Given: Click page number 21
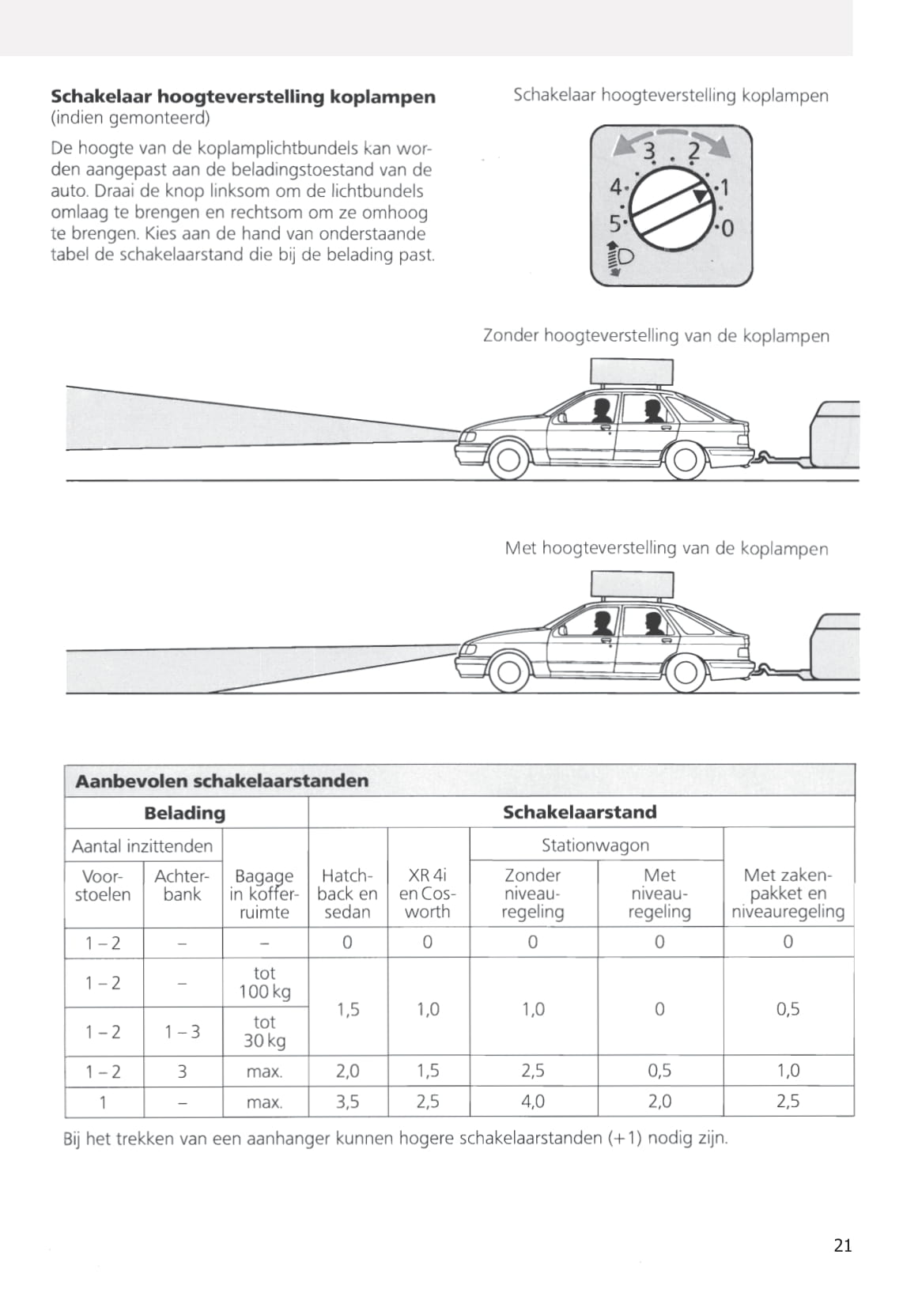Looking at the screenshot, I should pyautogui.click(x=843, y=1246).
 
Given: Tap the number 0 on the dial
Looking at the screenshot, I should pyautogui.click(x=727, y=229).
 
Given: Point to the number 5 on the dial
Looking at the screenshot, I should pyautogui.click(x=614, y=222).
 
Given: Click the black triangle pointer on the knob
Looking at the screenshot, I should pyautogui.click(x=700, y=195).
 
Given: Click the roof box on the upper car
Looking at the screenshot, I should pyautogui.click(x=632, y=372).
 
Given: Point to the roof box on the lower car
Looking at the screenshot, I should pyautogui.click(x=631, y=583).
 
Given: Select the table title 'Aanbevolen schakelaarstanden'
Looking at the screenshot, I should pyautogui.click(x=222, y=781).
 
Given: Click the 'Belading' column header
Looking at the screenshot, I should pyautogui.click(x=185, y=813).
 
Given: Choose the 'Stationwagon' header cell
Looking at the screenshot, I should pyautogui.click(x=595, y=845).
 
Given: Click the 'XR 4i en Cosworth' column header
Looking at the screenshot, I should pyautogui.click(x=428, y=894).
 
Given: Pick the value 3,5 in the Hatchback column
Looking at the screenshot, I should pyautogui.click(x=348, y=1101).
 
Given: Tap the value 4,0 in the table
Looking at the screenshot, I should pyautogui.click(x=533, y=1101).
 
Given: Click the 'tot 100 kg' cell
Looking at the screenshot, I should pyautogui.click(x=265, y=983).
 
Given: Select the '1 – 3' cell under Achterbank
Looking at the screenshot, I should pyautogui.click(x=182, y=1031).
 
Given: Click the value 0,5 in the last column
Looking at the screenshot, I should pyautogui.click(x=788, y=1008).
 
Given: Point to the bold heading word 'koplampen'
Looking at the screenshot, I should pyautogui.click(x=383, y=97).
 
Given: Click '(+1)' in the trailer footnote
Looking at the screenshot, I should pyautogui.click(x=625, y=1139).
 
